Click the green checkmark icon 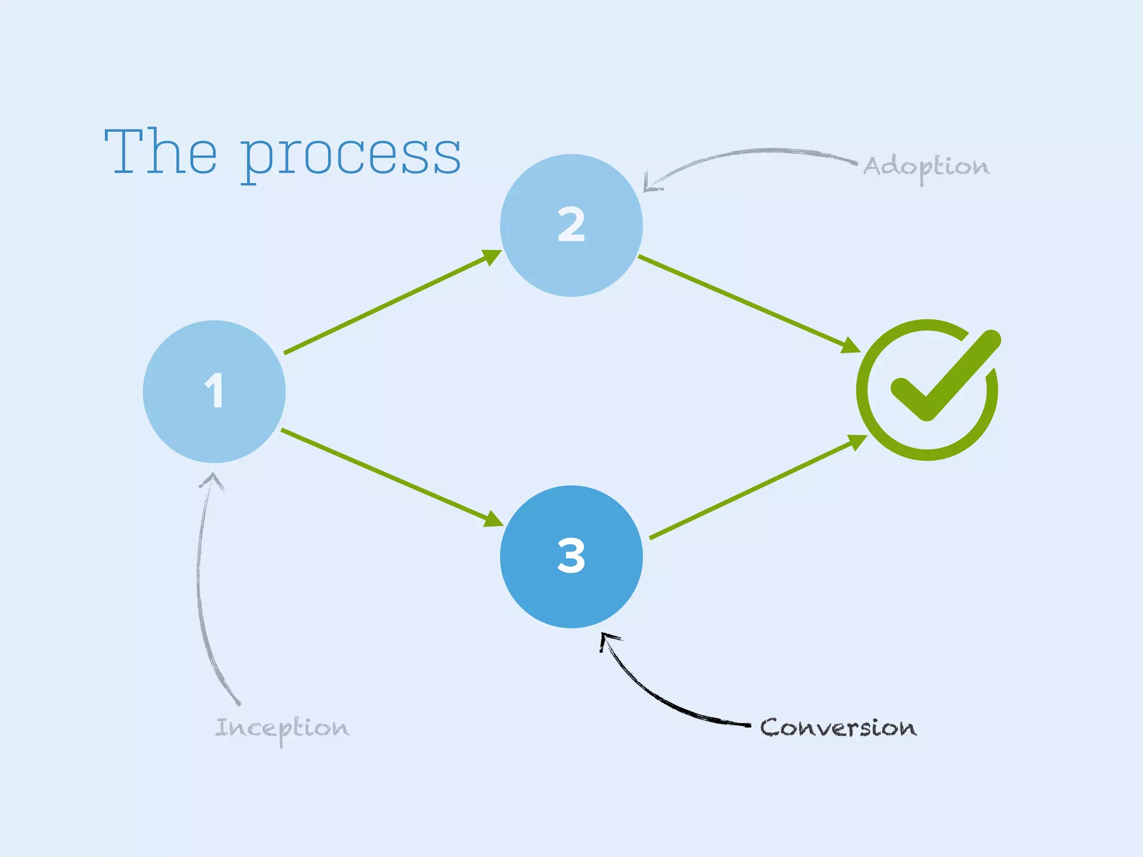pos(928,389)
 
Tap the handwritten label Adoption pos(926,167)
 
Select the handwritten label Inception pos(282,728)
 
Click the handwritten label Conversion pos(838,728)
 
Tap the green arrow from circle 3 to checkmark pos(753,488)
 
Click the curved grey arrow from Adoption pos(753,152)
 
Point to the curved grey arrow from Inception pos(200,586)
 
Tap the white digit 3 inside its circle pos(571,556)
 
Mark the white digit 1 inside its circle pos(214,391)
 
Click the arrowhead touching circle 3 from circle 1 pos(493,519)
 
